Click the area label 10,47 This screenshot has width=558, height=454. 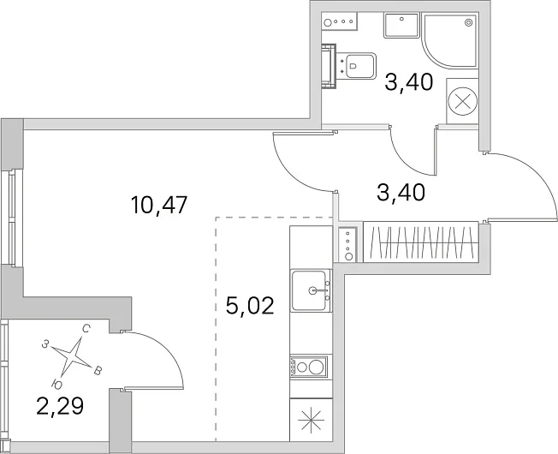159,205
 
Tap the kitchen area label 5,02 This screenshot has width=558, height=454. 250,306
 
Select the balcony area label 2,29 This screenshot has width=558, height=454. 60,406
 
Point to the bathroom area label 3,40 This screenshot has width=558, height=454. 409,82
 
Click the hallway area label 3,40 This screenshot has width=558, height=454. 401,193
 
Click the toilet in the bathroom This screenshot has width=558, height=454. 356,66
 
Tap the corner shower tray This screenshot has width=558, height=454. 450,40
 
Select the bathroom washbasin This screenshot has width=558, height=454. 401,26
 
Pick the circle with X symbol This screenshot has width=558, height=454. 462,101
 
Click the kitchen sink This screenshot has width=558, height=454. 311,290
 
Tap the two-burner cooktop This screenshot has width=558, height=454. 309,367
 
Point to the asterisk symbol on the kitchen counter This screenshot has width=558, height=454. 311,421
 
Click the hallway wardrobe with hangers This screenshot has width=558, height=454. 420,242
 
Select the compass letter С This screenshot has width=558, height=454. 86,329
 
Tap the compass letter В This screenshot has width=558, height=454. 98,371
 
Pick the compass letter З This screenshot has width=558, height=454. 45,344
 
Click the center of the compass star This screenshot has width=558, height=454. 72,355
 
